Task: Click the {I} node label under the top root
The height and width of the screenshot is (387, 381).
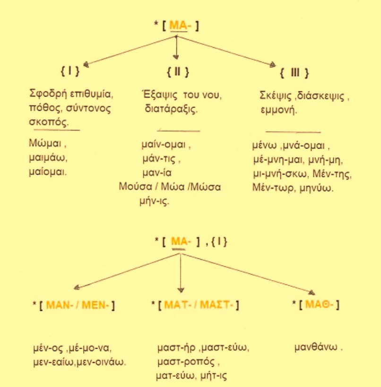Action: coord(70,71)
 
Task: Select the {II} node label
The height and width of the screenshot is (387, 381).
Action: coord(178,72)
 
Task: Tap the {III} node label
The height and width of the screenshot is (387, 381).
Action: coord(294,73)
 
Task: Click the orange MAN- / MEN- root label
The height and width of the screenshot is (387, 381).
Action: coord(78,305)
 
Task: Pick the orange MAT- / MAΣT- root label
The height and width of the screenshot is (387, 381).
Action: coord(199,305)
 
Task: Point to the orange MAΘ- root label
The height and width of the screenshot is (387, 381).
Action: coord(320,304)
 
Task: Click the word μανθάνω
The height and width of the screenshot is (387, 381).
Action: coord(316,347)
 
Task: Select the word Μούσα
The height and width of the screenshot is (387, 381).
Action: coord(135,186)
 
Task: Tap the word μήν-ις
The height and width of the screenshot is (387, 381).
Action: coord(155,202)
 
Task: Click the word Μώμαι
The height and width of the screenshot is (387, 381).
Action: coord(45,143)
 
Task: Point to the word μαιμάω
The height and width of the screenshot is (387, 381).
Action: coord(48,158)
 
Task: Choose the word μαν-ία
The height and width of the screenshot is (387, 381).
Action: coord(157,173)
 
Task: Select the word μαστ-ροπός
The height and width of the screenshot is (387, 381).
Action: coord(186,362)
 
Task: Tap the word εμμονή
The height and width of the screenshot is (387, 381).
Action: coord(278,110)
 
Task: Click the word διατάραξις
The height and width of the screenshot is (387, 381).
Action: coord(171,109)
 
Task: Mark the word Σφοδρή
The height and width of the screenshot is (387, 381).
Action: coord(48,94)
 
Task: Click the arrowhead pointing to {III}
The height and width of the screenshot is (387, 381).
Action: coord(272,65)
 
